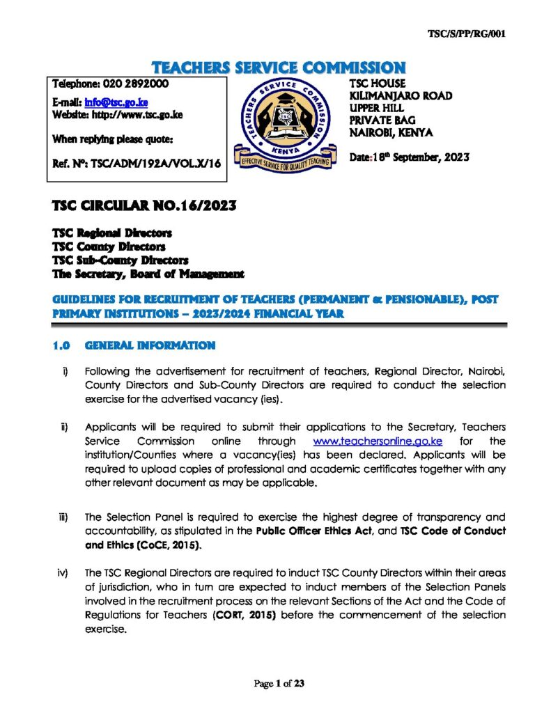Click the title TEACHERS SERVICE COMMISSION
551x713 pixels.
(x=278, y=68)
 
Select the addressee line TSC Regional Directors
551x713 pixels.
(x=112, y=233)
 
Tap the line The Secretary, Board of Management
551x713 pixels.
(x=148, y=274)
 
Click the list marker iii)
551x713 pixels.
(x=63, y=517)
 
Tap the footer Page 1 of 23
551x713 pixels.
(x=279, y=684)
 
